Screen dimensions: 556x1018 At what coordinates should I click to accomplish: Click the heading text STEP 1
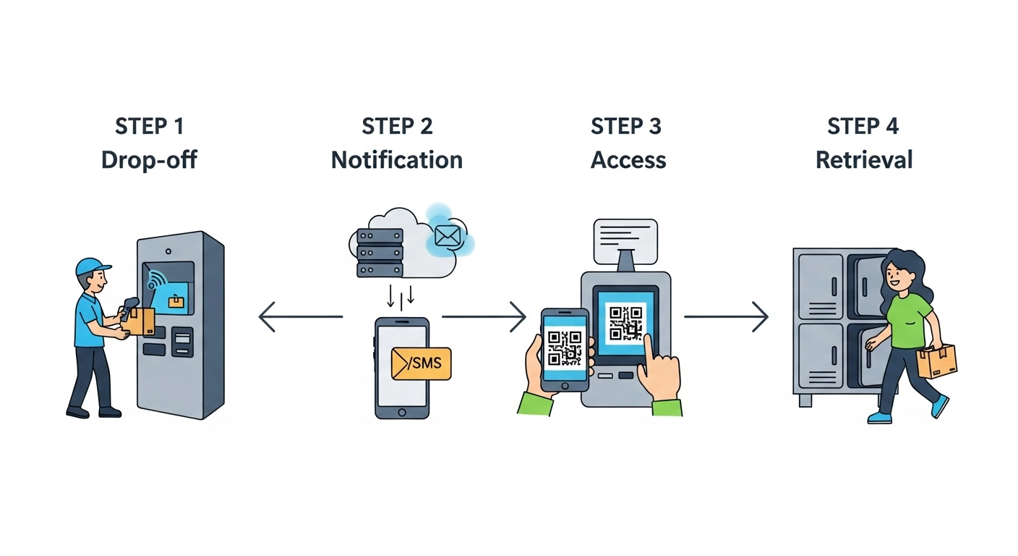[149, 126]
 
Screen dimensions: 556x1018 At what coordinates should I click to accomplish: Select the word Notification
[397, 159]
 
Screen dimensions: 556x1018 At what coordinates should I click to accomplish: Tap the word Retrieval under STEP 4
[863, 159]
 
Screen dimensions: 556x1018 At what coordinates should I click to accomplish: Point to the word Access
[628, 159]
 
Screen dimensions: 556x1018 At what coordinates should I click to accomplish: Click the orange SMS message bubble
[420, 363]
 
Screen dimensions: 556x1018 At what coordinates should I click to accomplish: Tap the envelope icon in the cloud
[448, 236]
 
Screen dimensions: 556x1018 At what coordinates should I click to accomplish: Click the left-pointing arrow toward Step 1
[300, 317]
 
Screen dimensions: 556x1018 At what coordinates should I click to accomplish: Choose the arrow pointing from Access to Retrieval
[725, 317]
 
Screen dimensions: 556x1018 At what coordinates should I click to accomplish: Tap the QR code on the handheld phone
[565, 347]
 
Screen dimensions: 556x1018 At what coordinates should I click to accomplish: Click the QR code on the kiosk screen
[625, 323]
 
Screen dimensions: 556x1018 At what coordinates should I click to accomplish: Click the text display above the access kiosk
[625, 241]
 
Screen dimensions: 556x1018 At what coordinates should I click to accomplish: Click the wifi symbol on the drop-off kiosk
[156, 281]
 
